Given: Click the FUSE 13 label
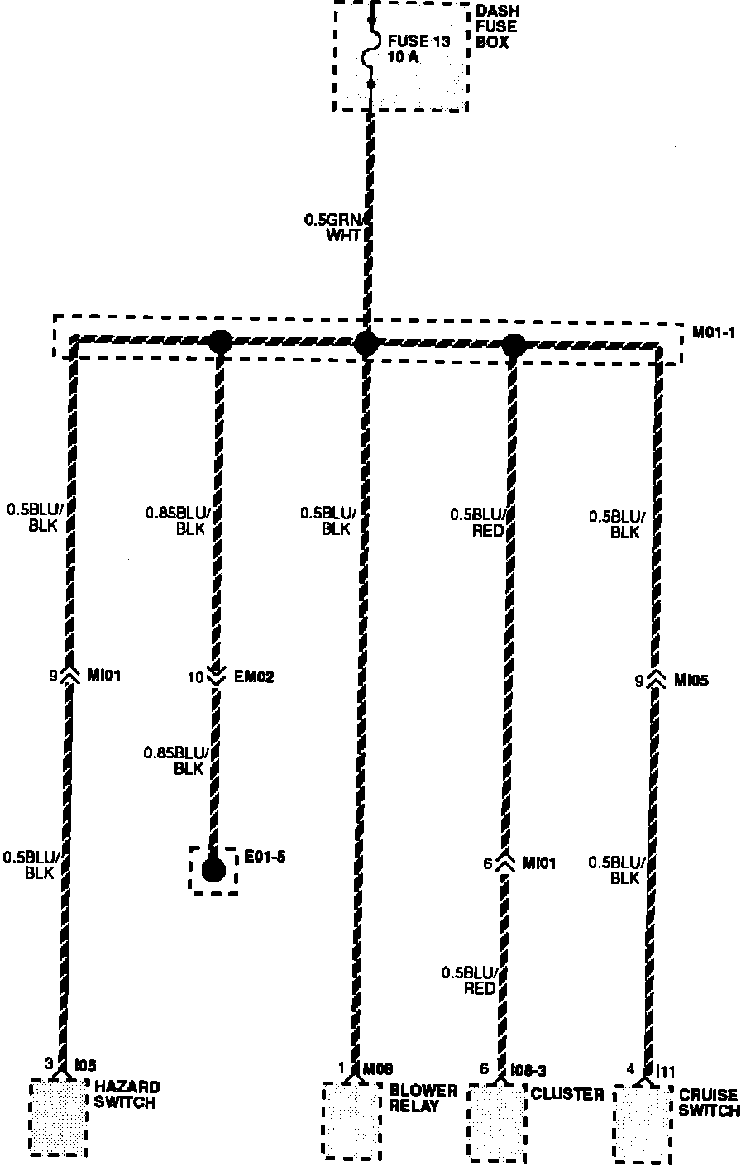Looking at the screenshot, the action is [x=420, y=41].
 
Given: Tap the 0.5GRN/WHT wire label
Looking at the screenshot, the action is [x=335, y=227].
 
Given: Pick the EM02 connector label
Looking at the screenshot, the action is [x=255, y=677].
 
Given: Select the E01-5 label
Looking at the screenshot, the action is [x=265, y=856].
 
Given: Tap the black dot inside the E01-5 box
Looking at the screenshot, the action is [x=213, y=870].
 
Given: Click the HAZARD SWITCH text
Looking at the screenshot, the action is [x=127, y=1094].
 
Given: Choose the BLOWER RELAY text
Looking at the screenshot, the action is [x=423, y=1098].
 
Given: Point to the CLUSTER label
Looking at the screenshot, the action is [x=567, y=1095].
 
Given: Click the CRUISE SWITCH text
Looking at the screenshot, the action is [x=709, y=1102].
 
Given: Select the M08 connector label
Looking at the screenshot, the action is [x=377, y=1068].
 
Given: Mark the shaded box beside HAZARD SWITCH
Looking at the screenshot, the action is [x=59, y=1116].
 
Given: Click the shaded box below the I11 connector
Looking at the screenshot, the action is [x=643, y=1125].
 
